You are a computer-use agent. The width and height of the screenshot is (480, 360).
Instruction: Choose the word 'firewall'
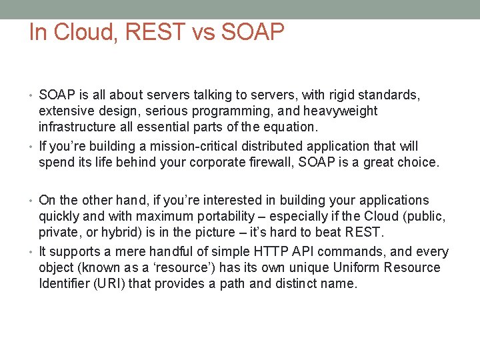pyautogui.click(x=259, y=162)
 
